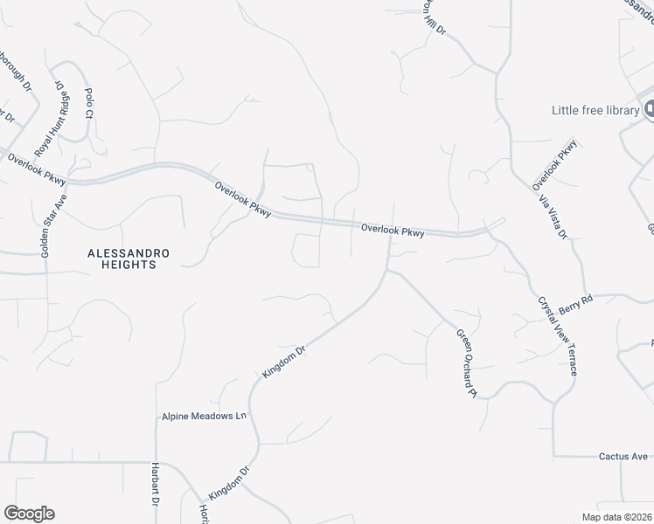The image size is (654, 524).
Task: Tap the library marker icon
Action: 649,109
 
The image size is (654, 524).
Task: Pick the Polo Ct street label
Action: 88,103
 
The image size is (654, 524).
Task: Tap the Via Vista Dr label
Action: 554,214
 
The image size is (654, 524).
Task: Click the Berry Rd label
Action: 576,300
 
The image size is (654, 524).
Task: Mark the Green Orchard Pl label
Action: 465,362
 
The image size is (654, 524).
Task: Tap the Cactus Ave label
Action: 623,456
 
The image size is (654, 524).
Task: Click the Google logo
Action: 29,514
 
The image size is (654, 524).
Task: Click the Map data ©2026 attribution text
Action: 617,517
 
